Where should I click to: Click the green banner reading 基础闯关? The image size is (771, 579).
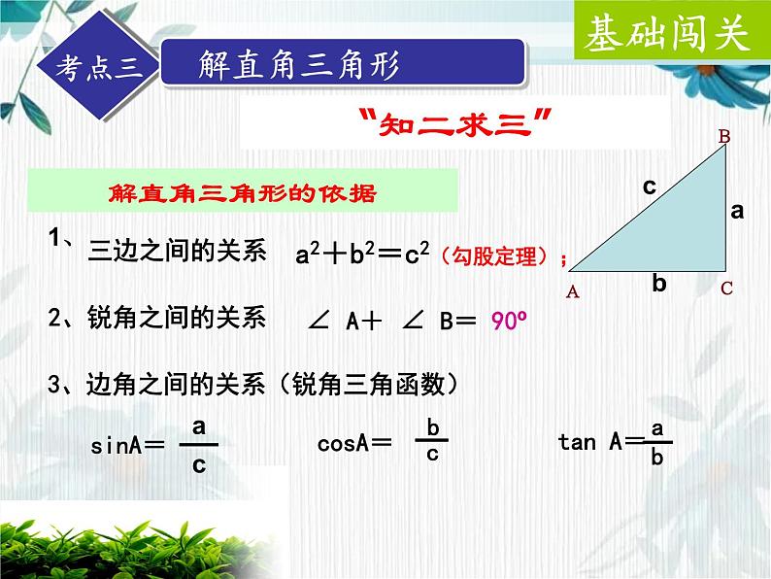(x=667, y=35)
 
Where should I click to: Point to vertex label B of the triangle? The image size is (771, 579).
(x=723, y=137)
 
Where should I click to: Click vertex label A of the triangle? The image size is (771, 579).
(x=572, y=290)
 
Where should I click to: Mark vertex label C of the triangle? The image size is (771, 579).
(x=726, y=289)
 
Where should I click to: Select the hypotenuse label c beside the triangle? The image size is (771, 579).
(x=650, y=186)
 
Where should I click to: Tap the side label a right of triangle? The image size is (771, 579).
(x=737, y=209)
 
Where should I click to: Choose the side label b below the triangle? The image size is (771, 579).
(x=659, y=284)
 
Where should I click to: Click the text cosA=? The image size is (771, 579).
(x=354, y=444)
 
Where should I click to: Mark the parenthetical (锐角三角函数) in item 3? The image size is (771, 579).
(x=368, y=386)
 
